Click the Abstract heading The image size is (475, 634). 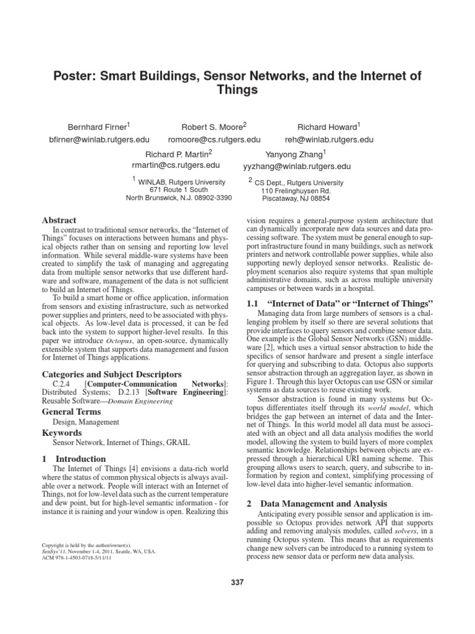[59, 220]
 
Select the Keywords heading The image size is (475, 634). [61, 433]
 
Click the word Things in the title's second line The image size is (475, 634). [237, 90]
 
